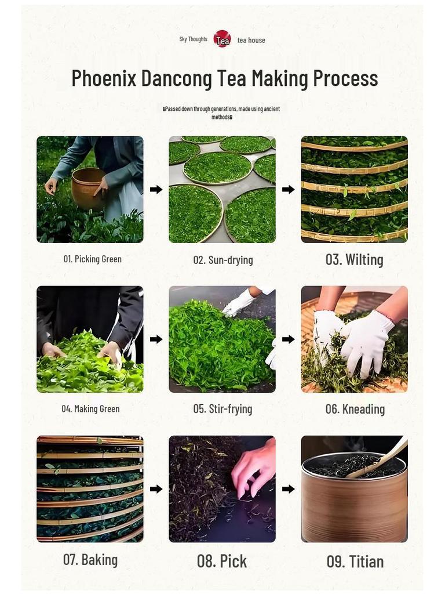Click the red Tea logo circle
point(222,39)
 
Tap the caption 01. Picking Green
point(93,259)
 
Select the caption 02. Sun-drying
point(223,260)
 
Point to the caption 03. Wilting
point(354,259)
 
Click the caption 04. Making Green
point(90,408)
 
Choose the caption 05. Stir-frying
point(222,409)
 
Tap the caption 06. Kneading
point(355,409)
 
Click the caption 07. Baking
point(90,560)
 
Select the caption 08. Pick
point(222,561)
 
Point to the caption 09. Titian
point(355,561)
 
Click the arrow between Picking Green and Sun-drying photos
point(156,189)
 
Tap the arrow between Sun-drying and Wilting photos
point(288,189)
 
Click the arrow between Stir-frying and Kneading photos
point(288,339)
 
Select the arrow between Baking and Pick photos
point(156,489)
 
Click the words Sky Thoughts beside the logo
point(193,39)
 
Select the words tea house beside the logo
point(251,40)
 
